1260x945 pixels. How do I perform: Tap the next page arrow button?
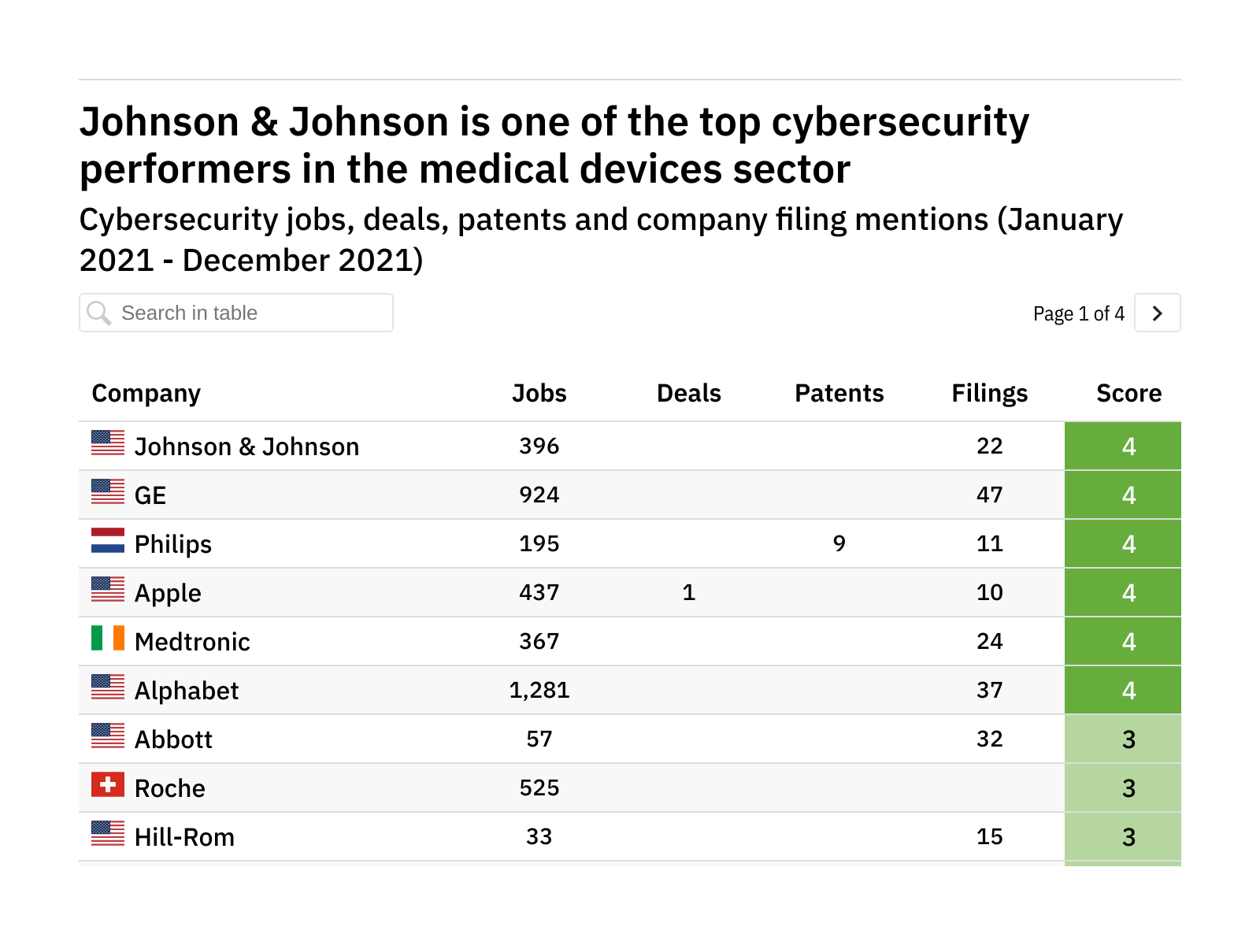coord(1157,313)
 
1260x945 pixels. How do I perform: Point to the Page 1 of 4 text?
coord(1078,313)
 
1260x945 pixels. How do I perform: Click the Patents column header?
coord(839,393)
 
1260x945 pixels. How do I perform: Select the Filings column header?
coord(989,393)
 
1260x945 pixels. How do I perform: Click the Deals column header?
coord(688,393)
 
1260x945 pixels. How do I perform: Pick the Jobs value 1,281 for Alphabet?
coord(539,690)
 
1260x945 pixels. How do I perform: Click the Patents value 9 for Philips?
coord(839,543)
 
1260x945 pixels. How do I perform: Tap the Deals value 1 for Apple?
coord(688,592)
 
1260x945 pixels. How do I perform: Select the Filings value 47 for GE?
coord(989,495)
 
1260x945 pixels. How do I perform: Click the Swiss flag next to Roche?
coord(108,785)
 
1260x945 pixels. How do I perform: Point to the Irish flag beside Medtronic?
coord(108,638)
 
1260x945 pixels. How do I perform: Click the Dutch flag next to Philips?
coord(108,540)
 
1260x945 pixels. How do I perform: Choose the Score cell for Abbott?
coord(1128,739)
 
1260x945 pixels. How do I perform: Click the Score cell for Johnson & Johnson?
coord(1128,447)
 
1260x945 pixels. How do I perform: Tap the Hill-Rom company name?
coord(184,837)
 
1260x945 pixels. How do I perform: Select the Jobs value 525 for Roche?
coord(539,787)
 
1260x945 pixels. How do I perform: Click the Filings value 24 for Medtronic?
coord(989,641)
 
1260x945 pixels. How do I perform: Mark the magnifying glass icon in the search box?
coord(99,313)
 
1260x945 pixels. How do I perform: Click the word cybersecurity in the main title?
coord(899,123)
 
